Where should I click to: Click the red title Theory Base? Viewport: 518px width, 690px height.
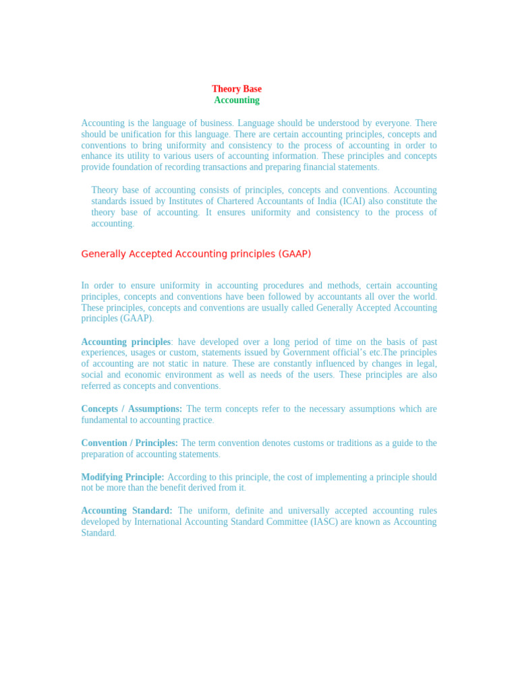tap(237, 89)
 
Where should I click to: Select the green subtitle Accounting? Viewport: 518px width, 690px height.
tap(237, 100)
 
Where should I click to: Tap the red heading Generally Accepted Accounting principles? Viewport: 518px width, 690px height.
tap(196, 254)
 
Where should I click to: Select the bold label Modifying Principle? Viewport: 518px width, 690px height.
tap(123, 477)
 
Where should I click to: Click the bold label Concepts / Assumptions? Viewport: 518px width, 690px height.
tap(132, 409)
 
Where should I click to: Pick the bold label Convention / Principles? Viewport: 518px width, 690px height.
tap(129, 443)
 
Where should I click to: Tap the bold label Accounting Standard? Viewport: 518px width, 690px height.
tap(127, 511)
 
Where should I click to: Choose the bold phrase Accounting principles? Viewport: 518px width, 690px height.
tap(126, 342)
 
